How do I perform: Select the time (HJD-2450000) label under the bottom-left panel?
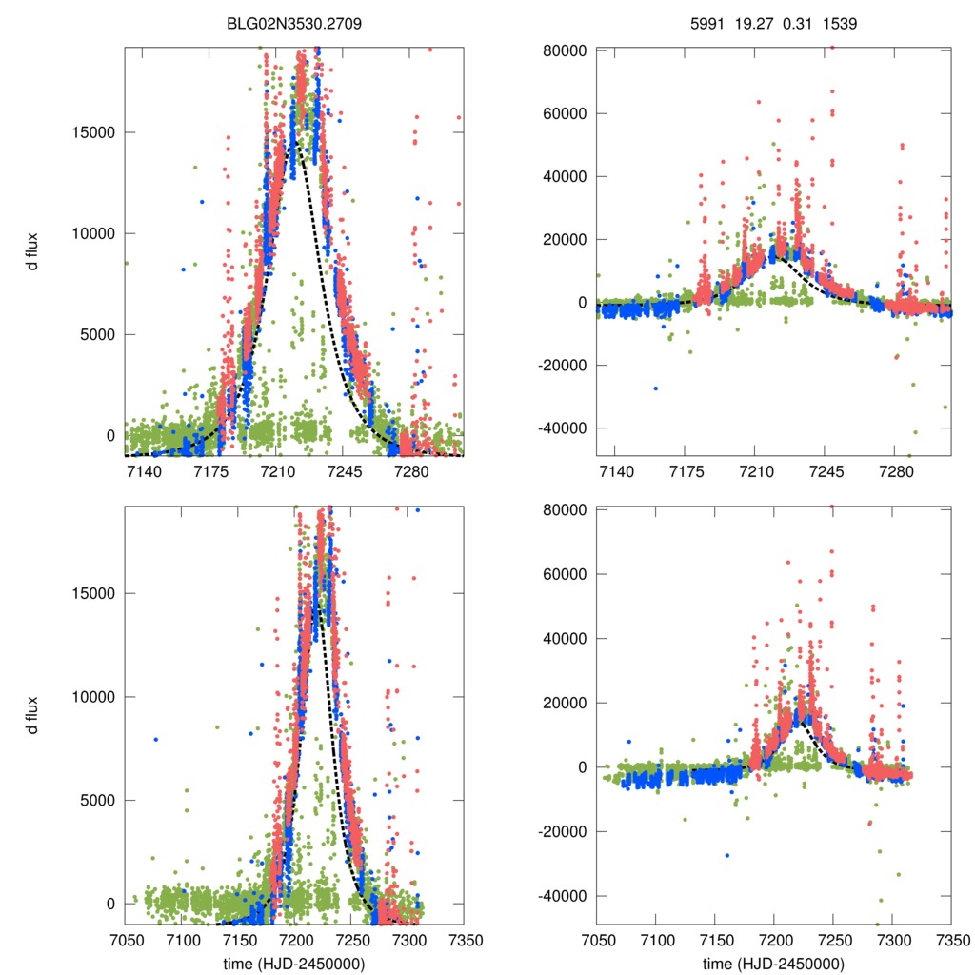[x=293, y=964]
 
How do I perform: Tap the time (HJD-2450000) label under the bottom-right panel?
[x=773, y=964]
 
